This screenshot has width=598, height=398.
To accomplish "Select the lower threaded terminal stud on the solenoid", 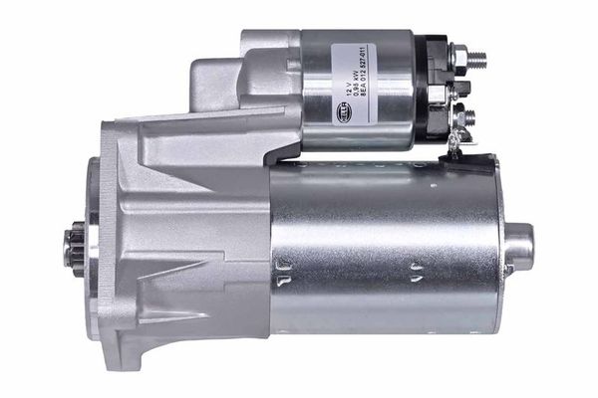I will tap(468, 118).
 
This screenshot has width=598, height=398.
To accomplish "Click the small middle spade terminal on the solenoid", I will tap(463, 90).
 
